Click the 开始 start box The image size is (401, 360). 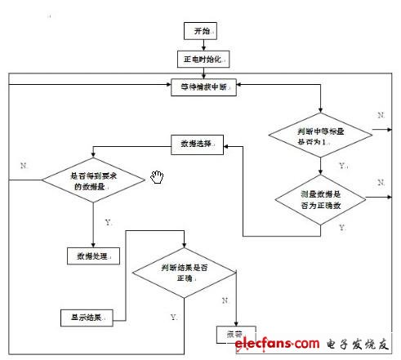pyautogui.click(x=201, y=33)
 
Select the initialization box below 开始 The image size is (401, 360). pyautogui.click(x=201, y=59)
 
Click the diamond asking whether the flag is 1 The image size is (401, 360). pyautogui.click(x=322, y=136)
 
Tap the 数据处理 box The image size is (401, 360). pyautogui.click(x=93, y=256)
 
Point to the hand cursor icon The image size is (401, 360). pyautogui.click(x=158, y=177)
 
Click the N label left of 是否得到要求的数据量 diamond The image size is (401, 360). pyautogui.click(x=24, y=165)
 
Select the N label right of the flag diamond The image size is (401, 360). pyautogui.click(x=381, y=117)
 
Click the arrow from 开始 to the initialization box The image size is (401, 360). pyautogui.click(x=201, y=46)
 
